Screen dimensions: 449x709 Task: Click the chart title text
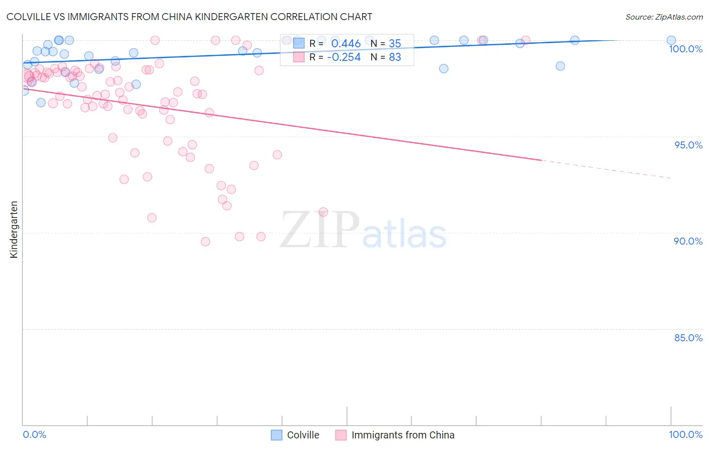tap(189, 17)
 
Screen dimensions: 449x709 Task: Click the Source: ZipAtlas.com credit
tap(664, 17)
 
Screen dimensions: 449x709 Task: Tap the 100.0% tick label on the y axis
tap(685, 49)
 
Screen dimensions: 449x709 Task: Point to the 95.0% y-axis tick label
tap(688, 145)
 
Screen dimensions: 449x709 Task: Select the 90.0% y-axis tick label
tap(688, 241)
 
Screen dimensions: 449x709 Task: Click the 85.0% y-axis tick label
tap(688, 338)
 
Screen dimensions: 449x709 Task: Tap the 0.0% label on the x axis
tap(34, 434)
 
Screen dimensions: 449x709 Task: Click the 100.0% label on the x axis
tap(685, 434)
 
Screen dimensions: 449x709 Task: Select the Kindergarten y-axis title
tap(14, 230)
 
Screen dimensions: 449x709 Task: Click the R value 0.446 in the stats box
tap(345, 44)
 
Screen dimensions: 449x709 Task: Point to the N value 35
tap(394, 44)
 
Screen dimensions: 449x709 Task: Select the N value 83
tap(394, 57)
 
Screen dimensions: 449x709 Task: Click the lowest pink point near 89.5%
tap(205, 242)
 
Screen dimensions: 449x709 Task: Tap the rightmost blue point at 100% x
tap(671, 40)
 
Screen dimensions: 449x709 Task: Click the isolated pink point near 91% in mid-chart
tap(323, 212)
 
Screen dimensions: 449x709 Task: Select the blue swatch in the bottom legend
tap(277, 435)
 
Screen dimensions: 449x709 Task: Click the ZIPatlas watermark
tap(363, 231)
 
